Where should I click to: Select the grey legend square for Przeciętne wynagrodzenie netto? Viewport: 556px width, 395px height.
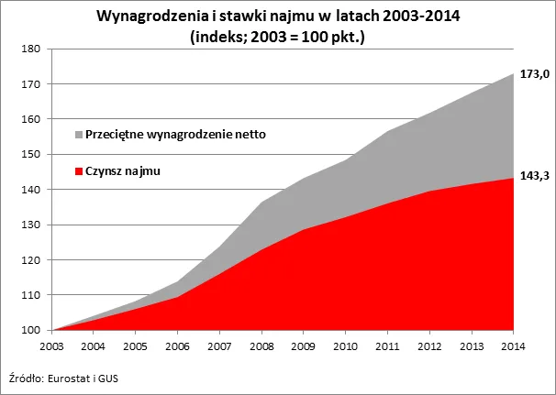(78, 135)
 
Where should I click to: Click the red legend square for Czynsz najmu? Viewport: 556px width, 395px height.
(78, 170)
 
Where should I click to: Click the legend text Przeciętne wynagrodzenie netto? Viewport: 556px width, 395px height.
(174, 135)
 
